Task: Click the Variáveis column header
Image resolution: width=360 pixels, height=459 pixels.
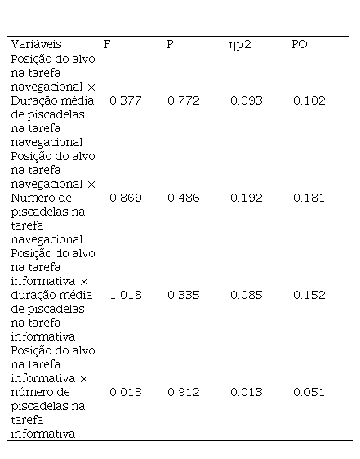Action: click(36, 44)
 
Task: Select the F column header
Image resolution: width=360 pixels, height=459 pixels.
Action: click(108, 44)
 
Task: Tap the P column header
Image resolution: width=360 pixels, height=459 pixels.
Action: click(170, 44)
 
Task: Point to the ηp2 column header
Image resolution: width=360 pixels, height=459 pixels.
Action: click(240, 45)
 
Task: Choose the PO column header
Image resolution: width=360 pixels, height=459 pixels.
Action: click(300, 44)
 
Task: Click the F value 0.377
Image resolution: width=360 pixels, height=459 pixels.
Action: click(126, 100)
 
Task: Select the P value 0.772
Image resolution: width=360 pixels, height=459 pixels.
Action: click(184, 100)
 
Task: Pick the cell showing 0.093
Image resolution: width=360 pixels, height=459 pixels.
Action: click(247, 100)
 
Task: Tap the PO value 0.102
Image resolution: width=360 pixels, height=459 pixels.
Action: click(309, 100)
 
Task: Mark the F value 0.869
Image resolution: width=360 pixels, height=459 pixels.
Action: click(126, 198)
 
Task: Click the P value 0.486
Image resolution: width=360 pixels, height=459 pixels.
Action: click(184, 198)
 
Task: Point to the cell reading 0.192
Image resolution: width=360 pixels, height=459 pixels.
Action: click(247, 198)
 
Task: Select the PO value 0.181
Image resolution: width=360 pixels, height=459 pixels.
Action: click(309, 198)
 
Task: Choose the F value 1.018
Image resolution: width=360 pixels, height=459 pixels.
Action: click(126, 295)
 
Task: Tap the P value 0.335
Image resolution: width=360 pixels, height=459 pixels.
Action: click(184, 295)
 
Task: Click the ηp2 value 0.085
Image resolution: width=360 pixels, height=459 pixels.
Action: click(247, 295)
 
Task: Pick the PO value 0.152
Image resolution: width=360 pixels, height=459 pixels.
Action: click(309, 295)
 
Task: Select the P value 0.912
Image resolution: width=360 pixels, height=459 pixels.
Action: click(184, 392)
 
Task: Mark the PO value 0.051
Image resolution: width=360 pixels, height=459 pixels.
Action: click(309, 392)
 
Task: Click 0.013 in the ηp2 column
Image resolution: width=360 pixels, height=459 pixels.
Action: click(247, 392)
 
